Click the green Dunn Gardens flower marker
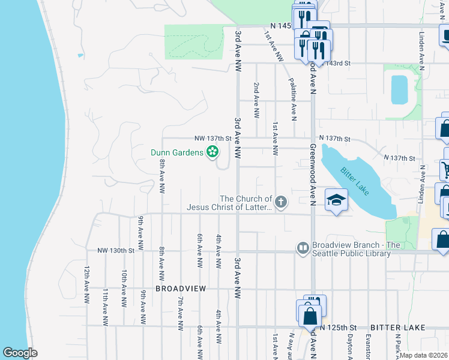pos(212,152)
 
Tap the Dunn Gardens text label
pos(177,152)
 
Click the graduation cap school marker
pos(337,200)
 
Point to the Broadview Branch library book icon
pos(303,247)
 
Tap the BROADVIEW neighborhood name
pos(181,289)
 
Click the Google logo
pos(20,352)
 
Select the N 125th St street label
pos(338,328)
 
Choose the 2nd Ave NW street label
pos(256,99)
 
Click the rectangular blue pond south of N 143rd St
pos(399,90)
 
